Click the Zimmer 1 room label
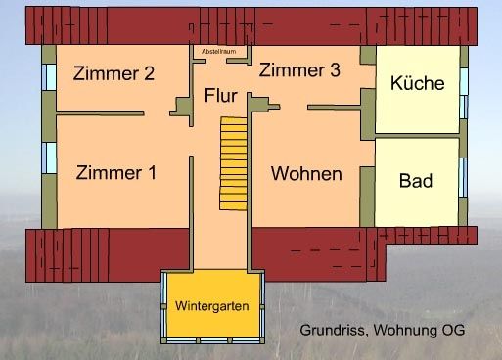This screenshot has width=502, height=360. (x=115, y=173)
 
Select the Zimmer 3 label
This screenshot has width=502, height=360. (x=299, y=70)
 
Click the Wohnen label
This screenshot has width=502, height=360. (x=306, y=174)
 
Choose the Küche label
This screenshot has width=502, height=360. (x=417, y=83)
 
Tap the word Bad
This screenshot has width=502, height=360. (x=416, y=181)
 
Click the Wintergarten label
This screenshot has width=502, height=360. (x=211, y=306)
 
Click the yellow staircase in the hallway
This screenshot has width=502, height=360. (x=233, y=157)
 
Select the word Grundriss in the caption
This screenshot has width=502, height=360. (x=333, y=330)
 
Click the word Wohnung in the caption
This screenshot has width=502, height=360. (x=406, y=330)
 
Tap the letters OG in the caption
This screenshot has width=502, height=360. (x=454, y=330)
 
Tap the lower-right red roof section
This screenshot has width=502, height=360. (x=323, y=248)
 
